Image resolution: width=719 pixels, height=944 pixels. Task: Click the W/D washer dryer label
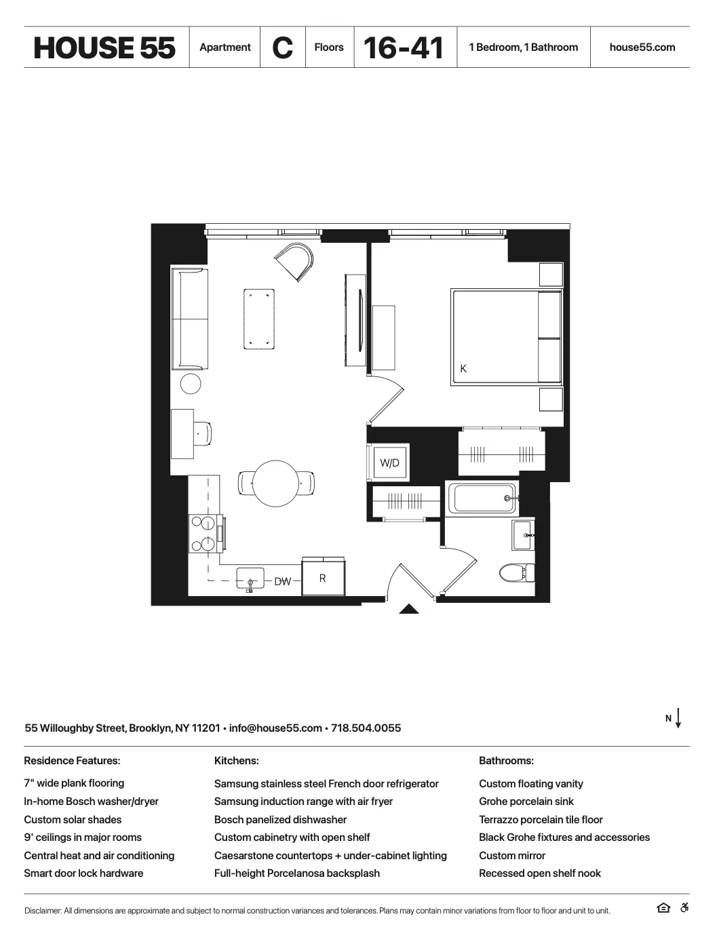pos(389,463)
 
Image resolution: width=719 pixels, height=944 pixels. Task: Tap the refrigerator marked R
pos(323,578)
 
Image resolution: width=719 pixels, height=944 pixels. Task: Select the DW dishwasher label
pos(282,582)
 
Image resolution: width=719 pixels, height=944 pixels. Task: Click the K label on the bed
pos(463,369)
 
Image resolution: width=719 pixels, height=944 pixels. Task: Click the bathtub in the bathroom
pos(482,498)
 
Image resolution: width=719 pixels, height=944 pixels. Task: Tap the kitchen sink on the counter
pos(250,580)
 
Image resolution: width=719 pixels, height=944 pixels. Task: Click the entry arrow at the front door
pos(408,608)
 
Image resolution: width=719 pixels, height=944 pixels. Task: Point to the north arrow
pos(678,718)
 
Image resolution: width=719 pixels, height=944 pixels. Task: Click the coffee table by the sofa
pos(259,319)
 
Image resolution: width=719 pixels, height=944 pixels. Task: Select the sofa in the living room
pos(189,319)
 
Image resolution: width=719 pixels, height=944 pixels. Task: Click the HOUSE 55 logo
pos(104,47)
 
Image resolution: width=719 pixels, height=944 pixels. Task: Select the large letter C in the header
pos(282,47)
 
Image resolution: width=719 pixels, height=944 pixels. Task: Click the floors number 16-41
pos(404,47)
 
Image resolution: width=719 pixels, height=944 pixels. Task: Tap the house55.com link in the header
pos(642,47)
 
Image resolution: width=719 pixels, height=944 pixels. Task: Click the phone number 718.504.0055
pos(366,728)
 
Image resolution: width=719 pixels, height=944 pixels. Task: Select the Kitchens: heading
pos(236,761)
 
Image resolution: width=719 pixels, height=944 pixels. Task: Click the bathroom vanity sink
pos(523,536)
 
